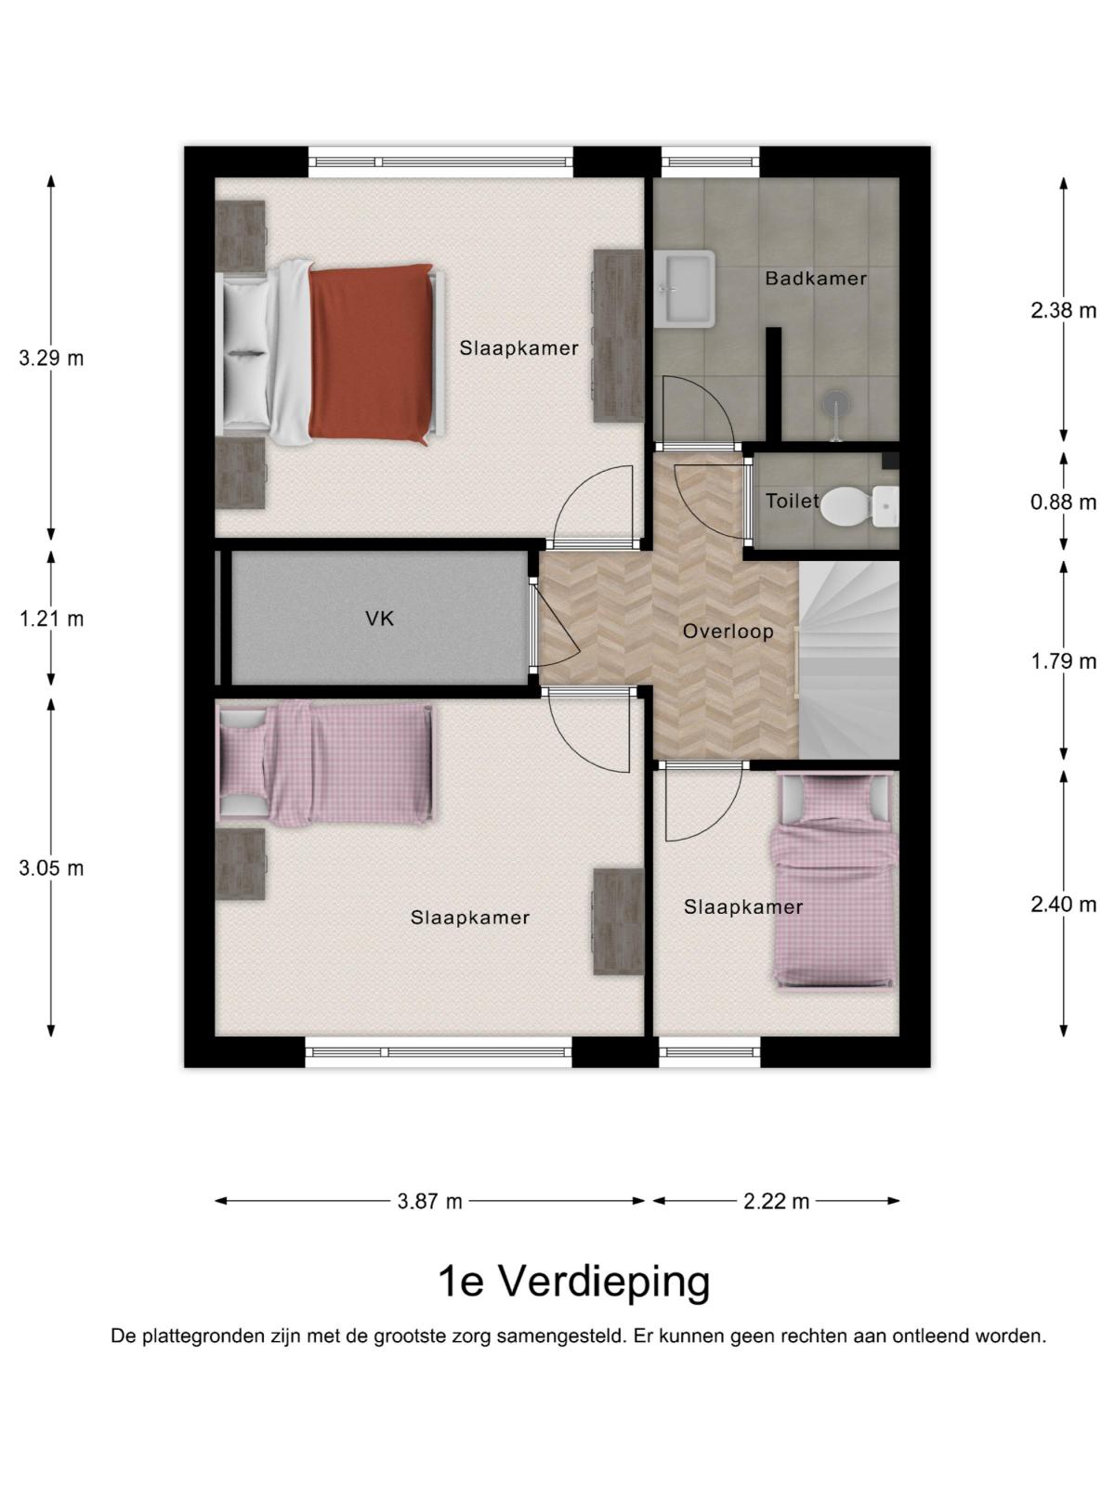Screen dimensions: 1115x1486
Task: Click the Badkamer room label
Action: coord(815,279)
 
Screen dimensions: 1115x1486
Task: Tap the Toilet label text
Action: coord(792,501)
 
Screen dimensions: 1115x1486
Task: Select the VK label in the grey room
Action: coord(379,619)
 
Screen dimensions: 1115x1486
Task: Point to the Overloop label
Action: coord(728,632)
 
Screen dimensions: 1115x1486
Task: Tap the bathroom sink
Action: coord(685,289)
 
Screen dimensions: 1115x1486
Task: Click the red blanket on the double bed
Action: coord(371,354)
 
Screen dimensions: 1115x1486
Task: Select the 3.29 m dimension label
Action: coord(51,358)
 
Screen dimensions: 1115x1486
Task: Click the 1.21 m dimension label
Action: coord(51,619)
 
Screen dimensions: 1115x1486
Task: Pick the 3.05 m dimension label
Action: coord(51,867)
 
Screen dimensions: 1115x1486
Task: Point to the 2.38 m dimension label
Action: coord(1063,311)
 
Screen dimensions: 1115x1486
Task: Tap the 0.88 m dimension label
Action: coord(1063,502)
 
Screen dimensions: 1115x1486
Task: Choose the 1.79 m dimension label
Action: coord(1063,661)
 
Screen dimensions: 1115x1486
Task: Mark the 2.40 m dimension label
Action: coord(1063,905)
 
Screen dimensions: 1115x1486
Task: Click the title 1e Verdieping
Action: coord(574,1284)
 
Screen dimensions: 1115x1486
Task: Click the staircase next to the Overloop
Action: coord(849,660)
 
